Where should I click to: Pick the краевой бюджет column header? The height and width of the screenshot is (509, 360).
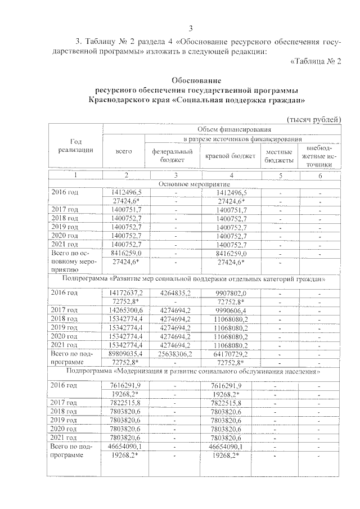[x=230, y=156]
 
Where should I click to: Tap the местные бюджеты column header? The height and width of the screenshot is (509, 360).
[x=280, y=156]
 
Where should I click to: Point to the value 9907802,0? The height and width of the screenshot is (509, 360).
[x=231, y=293]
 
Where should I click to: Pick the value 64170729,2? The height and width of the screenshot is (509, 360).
[x=231, y=354]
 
